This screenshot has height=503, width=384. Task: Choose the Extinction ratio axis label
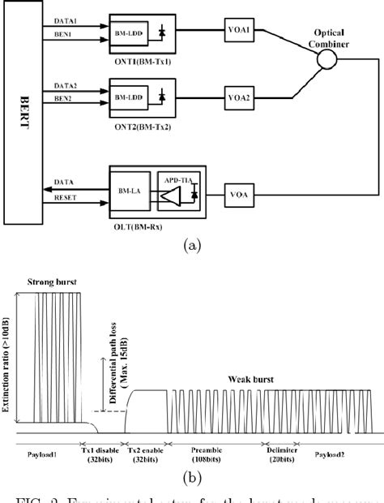pyautogui.click(x=8, y=365)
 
